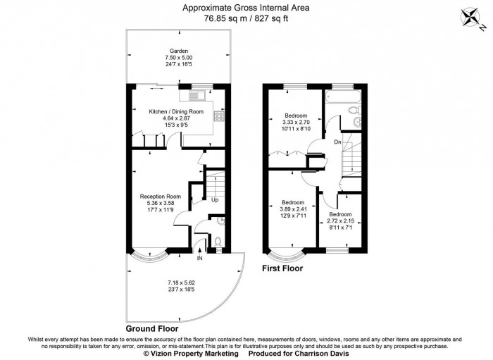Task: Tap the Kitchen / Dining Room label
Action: coord(176,112)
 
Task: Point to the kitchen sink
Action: coord(192,94)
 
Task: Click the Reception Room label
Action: coord(161,197)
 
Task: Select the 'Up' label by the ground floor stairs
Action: coord(214,200)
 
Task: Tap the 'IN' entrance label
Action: coord(200,259)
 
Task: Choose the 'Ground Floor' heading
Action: coord(151,328)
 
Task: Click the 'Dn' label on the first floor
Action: coord(338,142)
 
